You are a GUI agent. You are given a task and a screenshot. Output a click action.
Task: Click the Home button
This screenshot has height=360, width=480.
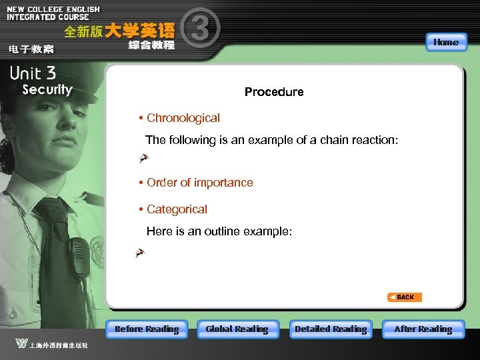point(445,42)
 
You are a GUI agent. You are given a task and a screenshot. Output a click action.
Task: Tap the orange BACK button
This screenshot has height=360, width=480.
point(405,297)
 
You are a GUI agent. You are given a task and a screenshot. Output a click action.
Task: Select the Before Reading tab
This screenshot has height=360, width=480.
point(147,329)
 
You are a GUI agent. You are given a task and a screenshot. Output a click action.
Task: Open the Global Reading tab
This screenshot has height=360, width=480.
point(237,329)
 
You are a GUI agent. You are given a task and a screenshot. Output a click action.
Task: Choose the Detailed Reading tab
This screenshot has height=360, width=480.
point(331,329)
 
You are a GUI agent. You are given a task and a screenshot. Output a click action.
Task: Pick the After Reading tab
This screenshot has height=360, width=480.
point(423,329)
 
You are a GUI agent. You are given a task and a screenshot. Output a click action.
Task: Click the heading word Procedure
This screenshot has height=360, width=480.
point(274,92)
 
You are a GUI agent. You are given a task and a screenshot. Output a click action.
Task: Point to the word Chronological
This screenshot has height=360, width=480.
point(183,118)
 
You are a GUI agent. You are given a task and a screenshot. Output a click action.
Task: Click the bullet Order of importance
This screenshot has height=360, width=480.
point(200,183)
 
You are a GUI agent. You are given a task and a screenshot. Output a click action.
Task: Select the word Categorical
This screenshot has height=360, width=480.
point(177,209)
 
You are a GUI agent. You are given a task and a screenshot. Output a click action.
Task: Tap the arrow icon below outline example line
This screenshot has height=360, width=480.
point(139,253)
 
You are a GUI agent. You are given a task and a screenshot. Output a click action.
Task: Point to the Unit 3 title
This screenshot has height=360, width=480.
point(33,73)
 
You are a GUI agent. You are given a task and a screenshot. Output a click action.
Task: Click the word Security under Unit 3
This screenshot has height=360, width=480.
point(47,90)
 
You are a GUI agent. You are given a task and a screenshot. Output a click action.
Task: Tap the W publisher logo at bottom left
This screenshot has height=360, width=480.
point(22,344)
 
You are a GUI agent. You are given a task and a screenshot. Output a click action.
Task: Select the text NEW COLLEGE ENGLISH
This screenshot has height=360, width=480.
point(53,9)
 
